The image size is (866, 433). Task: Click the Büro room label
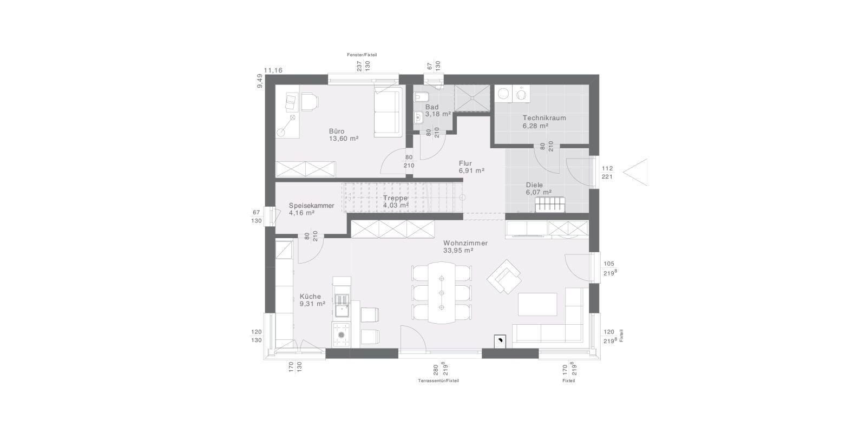(x=337, y=131)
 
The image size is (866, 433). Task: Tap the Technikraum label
(x=544, y=118)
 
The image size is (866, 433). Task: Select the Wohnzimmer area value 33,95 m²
(x=458, y=251)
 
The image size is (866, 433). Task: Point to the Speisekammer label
(x=312, y=206)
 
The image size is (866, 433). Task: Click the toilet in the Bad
(x=420, y=96)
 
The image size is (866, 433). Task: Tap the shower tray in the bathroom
(x=472, y=98)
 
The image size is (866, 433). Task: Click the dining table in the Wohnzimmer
(x=442, y=293)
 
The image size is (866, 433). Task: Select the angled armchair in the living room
(x=504, y=277)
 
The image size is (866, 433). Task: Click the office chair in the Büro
(x=310, y=101)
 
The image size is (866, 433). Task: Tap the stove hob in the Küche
(x=342, y=335)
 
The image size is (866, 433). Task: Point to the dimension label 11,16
(x=273, y=70)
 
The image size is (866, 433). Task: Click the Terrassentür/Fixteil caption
(x=438, y=381)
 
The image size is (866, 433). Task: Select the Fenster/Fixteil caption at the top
(x=362, y=55)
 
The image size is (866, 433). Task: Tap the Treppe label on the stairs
(x=395, y=198)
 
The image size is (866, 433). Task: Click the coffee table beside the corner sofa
(x=537, y=304)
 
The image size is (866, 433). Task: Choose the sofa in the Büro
(x=388, y=112)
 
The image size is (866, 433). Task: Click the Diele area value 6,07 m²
(x=539, y=192)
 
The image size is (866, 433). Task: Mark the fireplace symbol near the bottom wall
(x=500, y=340)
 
